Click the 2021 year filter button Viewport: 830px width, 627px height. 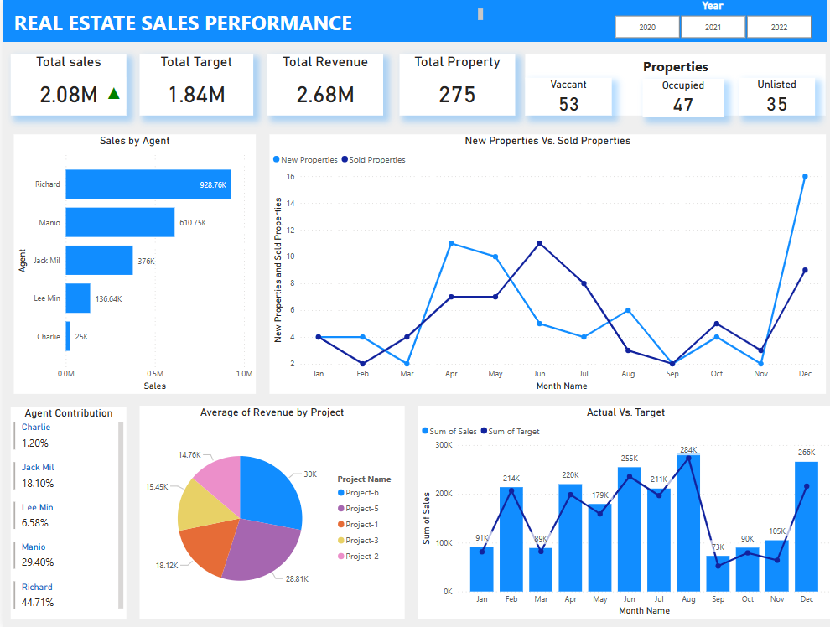[713, 28]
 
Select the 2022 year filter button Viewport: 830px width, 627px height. [779, 28]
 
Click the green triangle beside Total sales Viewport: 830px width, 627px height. [114, 94]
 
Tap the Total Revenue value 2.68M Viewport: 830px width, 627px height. [325, 95]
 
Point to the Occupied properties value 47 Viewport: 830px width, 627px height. [683, 105]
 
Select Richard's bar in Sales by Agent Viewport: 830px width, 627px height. [148, 184]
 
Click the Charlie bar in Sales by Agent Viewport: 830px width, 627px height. [69, 337]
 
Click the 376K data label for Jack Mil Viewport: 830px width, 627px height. [146, 262]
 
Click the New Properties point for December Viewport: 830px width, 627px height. [805, 177]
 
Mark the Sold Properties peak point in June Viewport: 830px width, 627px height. [539, 243]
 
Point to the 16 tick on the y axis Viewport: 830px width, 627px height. [290, 177]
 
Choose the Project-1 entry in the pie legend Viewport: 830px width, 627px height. [361, 524]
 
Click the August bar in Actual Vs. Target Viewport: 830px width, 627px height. [688, 523]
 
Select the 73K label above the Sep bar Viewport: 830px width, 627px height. [718, 547]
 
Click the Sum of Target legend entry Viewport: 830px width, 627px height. [513, 432]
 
